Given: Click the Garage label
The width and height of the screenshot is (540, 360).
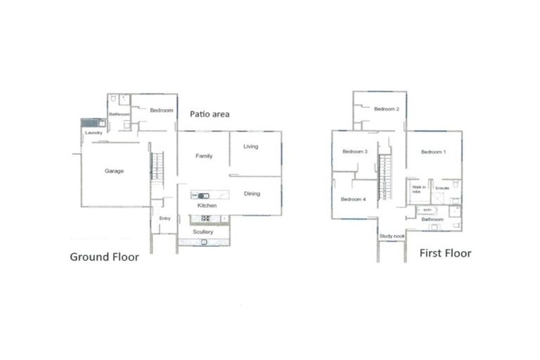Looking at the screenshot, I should tap(115, 171).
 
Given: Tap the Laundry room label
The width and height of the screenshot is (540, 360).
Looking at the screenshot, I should tap(94, 133).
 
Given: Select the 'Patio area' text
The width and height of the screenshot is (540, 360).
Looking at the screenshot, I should tap(210, 114).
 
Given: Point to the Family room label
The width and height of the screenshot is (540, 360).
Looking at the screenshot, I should tap(204, 156).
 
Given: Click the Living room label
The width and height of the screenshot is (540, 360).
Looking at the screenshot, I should tap(251, 146).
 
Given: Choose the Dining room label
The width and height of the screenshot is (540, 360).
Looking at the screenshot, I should tap(252, 193).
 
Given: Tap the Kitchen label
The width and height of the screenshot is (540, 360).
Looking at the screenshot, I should tap(206, 205).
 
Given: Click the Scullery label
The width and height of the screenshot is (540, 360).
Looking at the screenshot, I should tap(203, 231).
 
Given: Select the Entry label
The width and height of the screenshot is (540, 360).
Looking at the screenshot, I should tap(165, 219).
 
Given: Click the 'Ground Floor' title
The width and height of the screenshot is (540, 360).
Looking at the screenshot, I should tap(104, 257).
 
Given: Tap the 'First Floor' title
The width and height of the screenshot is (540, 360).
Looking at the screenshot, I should tap(445, 253).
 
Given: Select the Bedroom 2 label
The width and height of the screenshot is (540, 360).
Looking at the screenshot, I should tap(386, 109).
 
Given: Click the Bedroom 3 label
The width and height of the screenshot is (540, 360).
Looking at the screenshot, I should tap(355, 152).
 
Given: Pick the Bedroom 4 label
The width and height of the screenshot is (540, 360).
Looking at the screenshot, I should tap(354, 200).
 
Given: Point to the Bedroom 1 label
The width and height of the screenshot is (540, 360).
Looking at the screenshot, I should tap(433, 152).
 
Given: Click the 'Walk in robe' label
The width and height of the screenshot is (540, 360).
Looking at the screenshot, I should tap(416, 189).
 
